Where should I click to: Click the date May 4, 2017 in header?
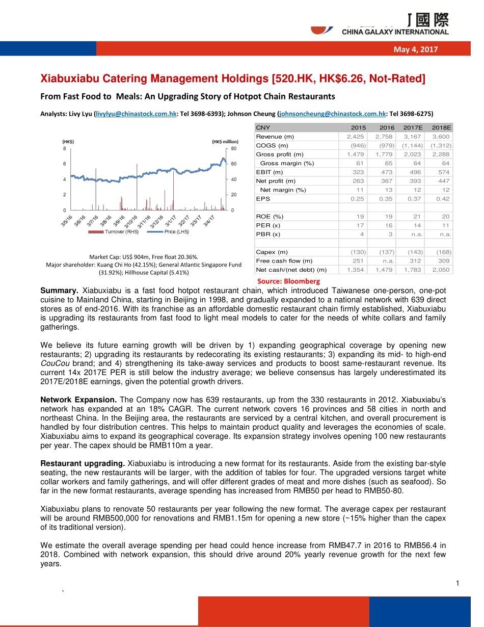coord(415,49)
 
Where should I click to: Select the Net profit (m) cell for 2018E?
coord(441,181)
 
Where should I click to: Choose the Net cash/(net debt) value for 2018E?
coord(441,270)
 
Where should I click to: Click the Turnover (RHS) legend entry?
coord(113,232)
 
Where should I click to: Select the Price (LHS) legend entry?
coord(168,232)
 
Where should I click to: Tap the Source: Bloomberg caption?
coord(288,281)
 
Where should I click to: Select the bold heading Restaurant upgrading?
coord(83,463)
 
